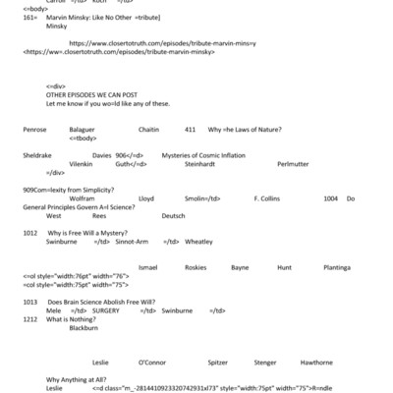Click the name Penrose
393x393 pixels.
tap(34, 131)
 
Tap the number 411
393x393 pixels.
tap(190, 131)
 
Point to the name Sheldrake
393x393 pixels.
tap(37, 155)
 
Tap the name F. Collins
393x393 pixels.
tap(267, 197)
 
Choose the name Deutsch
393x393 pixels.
tap(173, 215)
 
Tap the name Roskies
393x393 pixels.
tap(196, 266)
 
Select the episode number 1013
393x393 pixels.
tap(30, 301)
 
